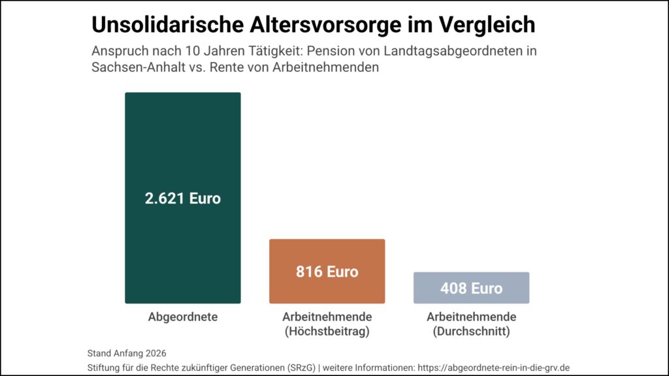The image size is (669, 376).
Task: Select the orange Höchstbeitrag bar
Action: point(327,290)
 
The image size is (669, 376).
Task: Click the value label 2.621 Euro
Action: point(183,198)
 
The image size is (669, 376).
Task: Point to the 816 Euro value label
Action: point(327,272)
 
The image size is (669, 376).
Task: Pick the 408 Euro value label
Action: point(471,289)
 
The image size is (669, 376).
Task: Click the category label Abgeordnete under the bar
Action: point(183,317)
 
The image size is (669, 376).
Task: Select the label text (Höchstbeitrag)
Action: point(327,332)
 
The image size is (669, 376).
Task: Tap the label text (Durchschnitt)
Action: point(471,332)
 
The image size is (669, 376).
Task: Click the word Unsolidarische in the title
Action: point(167,25)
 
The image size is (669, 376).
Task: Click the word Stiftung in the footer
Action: point(103,368)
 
